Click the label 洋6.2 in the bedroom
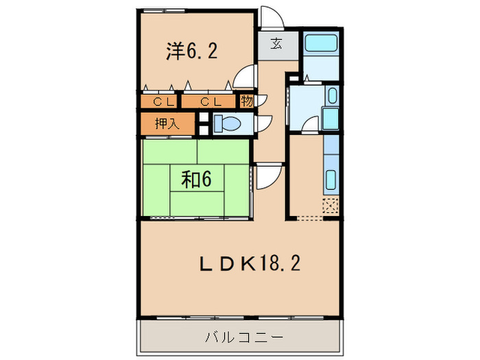tap(193, 51)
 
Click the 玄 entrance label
tap(276, 45)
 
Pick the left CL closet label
tap(163, 101)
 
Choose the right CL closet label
tap(209, 101)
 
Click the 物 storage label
tap(247, 101)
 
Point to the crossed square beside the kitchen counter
tap(331, 205)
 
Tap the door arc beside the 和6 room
tap(267, 178)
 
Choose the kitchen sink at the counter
tap(330, 180)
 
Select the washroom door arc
tap(311, 125)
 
